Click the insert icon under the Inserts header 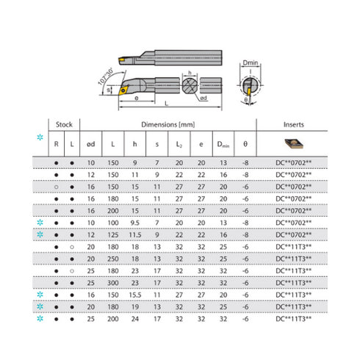[288, 142]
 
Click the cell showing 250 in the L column [112, 259]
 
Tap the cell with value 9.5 [135, 222]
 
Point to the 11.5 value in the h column [135, 234]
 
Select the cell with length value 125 [112, 234]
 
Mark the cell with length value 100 [112, 222]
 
